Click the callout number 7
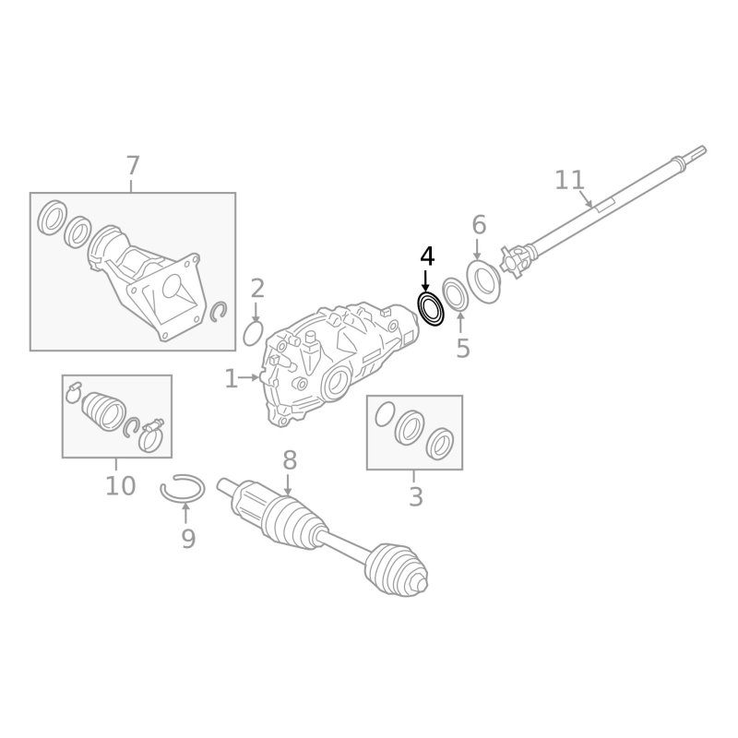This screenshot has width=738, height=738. (x=133, y=167)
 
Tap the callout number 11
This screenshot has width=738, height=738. (x=569, y=180)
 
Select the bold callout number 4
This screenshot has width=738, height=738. (x=426, y=256)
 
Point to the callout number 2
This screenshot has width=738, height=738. (x=257, y=289)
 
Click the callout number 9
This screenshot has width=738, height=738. (x=188, y=540)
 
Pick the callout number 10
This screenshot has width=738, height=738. (x=120, y=486)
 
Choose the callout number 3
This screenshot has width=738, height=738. (x=415, y=498)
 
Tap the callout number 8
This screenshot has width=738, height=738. (x=289, y=459)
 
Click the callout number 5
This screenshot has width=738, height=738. (x=463, y=349)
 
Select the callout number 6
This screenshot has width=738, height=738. (x=479, y=225)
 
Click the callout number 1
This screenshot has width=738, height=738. (x=231, y=379)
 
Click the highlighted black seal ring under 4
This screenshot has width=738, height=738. (x=431, y=309)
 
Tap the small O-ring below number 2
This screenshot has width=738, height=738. (x=253, y=333)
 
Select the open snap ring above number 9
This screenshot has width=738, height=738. (x=182, y=488)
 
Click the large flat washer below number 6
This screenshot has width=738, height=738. (x=483, y=280)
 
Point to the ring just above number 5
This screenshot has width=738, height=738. (x=455, y=294)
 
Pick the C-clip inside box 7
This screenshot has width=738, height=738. (x=219, y=312)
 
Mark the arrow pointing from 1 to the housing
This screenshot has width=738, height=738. (x=250, y=377)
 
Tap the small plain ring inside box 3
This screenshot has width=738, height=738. (x=385, y=414)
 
